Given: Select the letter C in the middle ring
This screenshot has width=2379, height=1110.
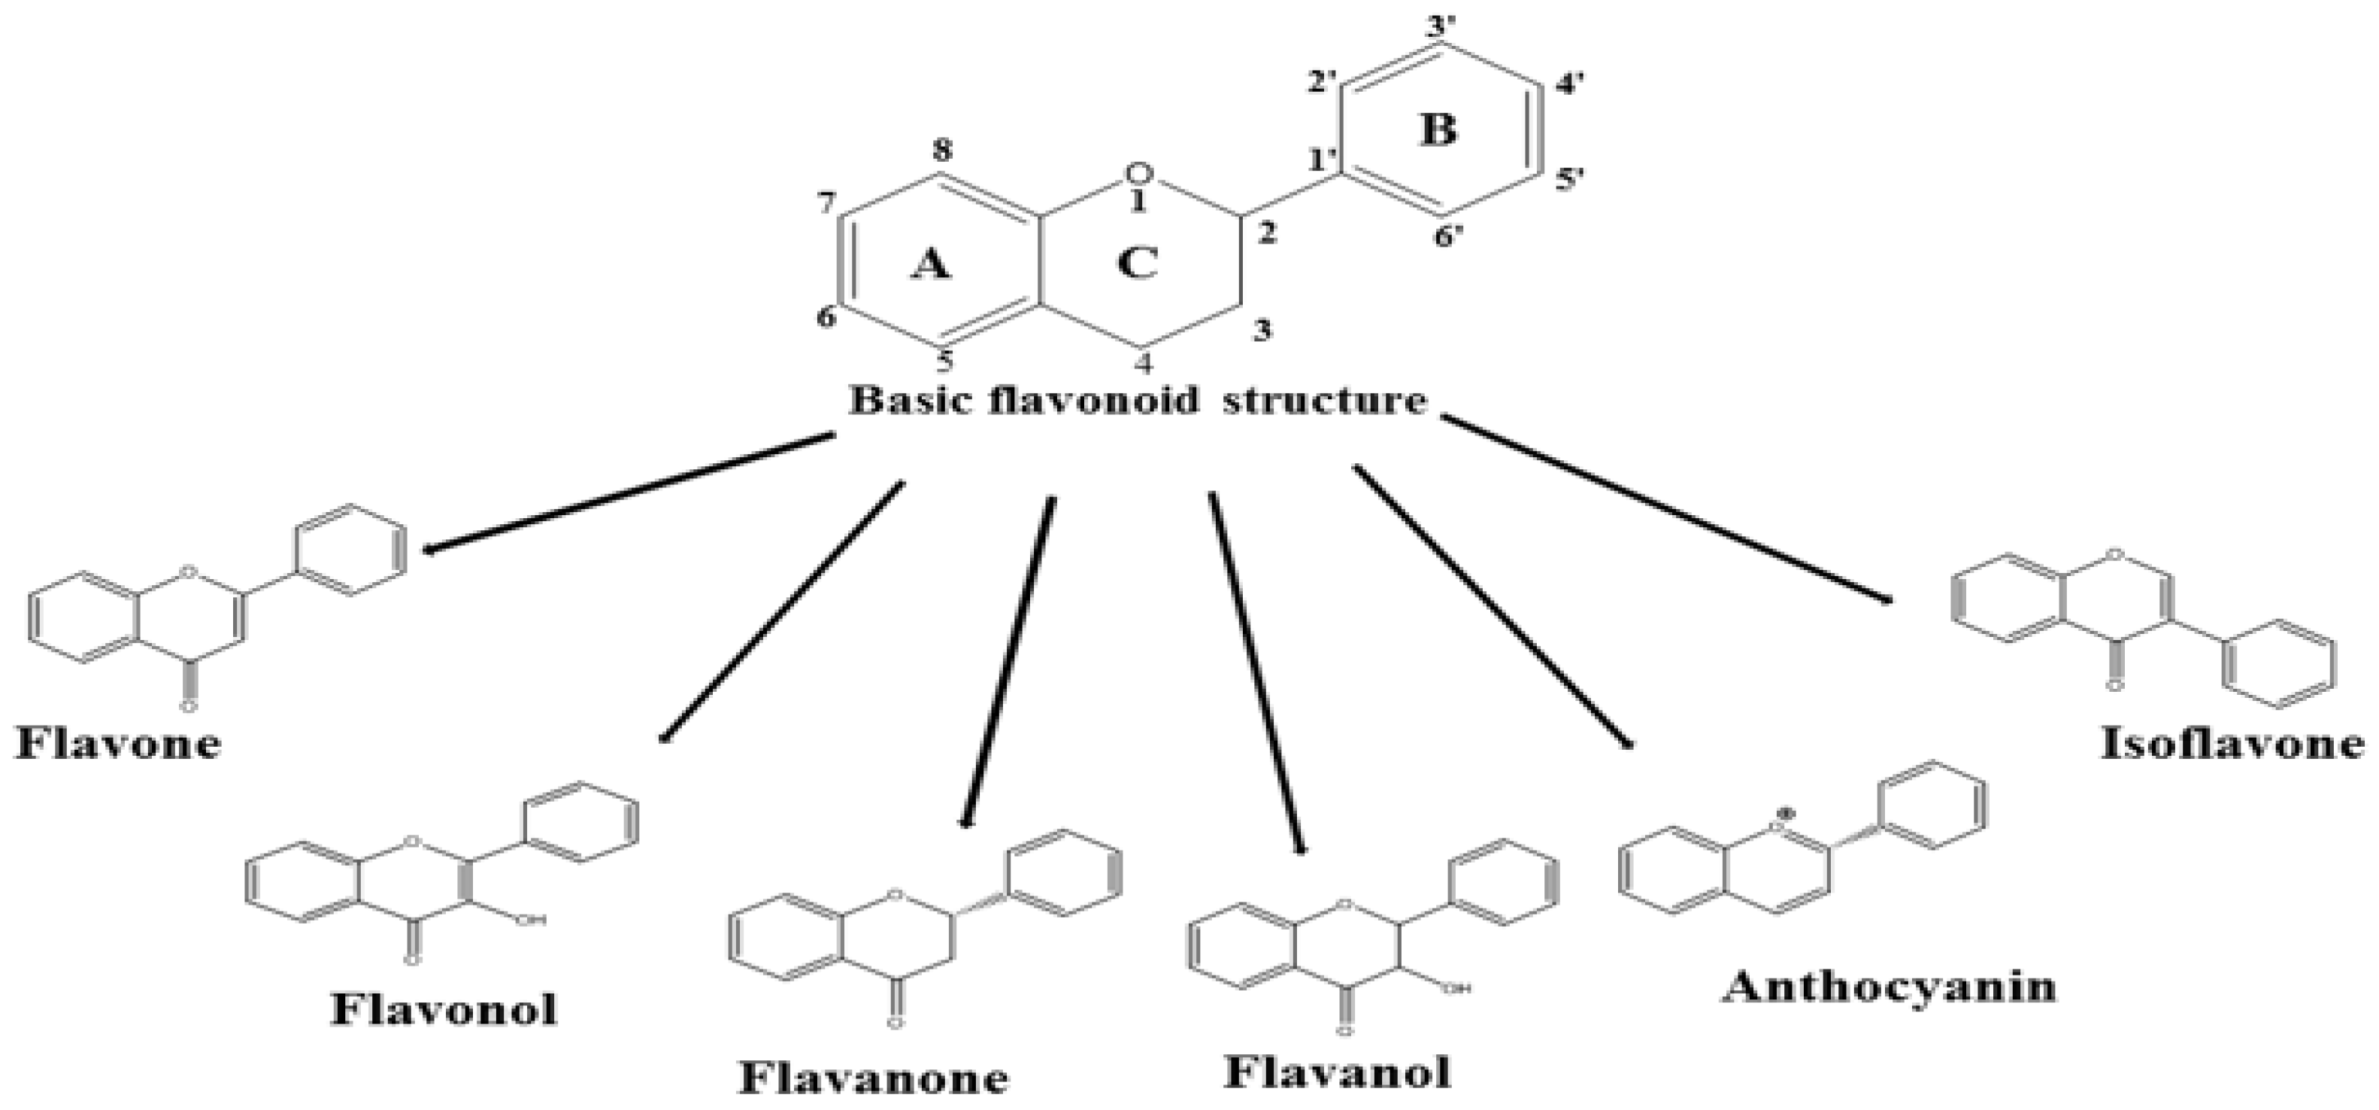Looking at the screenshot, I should [x=1137, y=263].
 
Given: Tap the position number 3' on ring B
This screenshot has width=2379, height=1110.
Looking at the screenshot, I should [x=1440, y=27].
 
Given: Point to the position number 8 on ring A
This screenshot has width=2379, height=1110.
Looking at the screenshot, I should [x=942, y=151].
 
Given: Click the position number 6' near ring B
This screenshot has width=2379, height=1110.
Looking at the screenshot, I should [x=1449, y=238].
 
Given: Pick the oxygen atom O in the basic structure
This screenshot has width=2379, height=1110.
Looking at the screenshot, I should [x=1141, y=173].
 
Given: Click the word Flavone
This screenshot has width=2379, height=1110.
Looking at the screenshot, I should [x=118, y=742].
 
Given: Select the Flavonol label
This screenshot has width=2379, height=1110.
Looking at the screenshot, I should [x=444, y=1008].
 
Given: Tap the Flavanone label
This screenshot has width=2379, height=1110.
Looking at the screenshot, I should [x=873, y=1077].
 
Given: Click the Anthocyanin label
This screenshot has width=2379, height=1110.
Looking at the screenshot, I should [x=1890, y=986].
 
